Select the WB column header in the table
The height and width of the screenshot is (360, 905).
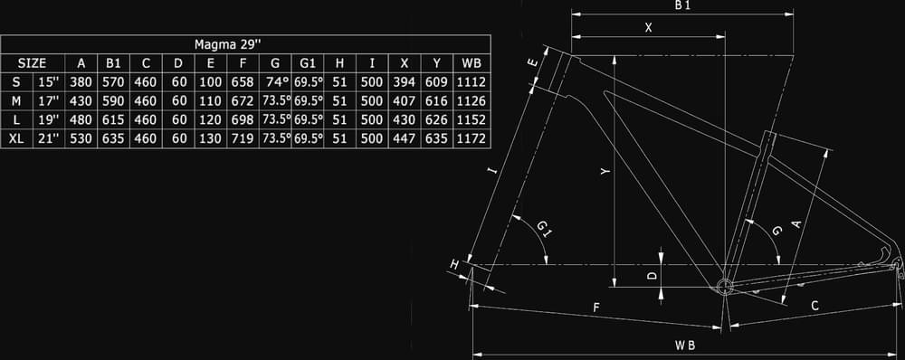[472, 63]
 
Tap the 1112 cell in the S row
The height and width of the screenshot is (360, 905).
[472, 82]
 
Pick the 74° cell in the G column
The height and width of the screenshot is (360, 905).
[275, 81]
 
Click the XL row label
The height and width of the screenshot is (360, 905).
[16, 138]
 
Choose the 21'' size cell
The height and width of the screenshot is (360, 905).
[49, 138]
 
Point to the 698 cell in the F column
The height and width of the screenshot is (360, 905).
[243, 120]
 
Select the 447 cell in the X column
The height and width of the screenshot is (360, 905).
[404, 138]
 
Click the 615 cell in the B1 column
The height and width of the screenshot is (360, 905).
[113, 120]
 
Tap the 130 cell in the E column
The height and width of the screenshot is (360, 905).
[210, 138]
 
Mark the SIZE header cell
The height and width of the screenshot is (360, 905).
[33, 63]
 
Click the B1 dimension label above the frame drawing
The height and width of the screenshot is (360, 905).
[682, 5]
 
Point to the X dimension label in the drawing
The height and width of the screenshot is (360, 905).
[648, 27]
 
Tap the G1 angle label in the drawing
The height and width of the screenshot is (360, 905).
[544, 229]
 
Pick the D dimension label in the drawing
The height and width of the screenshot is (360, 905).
[653, 276]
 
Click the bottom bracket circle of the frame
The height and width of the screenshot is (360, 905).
[724, 286]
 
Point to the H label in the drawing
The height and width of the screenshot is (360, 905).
[454, 265]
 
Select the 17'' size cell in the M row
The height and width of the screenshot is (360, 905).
[49, 101]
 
